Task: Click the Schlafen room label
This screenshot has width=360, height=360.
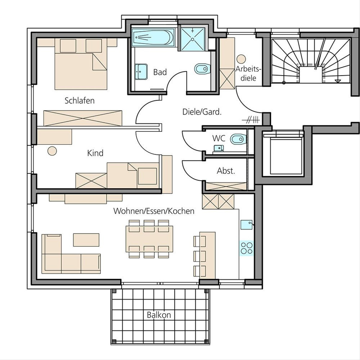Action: [79, 101]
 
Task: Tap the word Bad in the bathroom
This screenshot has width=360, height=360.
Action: [160, 72]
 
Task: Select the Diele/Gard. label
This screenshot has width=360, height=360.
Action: [202, 112]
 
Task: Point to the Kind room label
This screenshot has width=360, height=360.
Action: [95, 153]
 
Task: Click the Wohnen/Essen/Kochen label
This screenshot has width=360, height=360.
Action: [154, 211]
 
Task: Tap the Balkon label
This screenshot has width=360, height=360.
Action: [159, 315]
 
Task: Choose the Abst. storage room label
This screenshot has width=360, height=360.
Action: [226, 171]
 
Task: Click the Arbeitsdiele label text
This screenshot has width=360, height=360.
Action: [248, 73]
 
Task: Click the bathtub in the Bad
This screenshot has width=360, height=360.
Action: [153, 37]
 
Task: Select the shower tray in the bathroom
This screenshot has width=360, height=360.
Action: [193, 39]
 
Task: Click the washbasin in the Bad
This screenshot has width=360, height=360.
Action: [141, 72]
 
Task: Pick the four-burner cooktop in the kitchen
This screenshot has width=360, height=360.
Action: [247, 248]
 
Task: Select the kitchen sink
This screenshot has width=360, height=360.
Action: [247, 225]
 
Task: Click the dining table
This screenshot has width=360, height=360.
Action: [149, 239]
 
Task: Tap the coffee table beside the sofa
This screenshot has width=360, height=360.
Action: [86, 240]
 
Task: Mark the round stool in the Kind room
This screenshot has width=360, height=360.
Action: [52, 151]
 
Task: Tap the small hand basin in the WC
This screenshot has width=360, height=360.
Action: [219, 148]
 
